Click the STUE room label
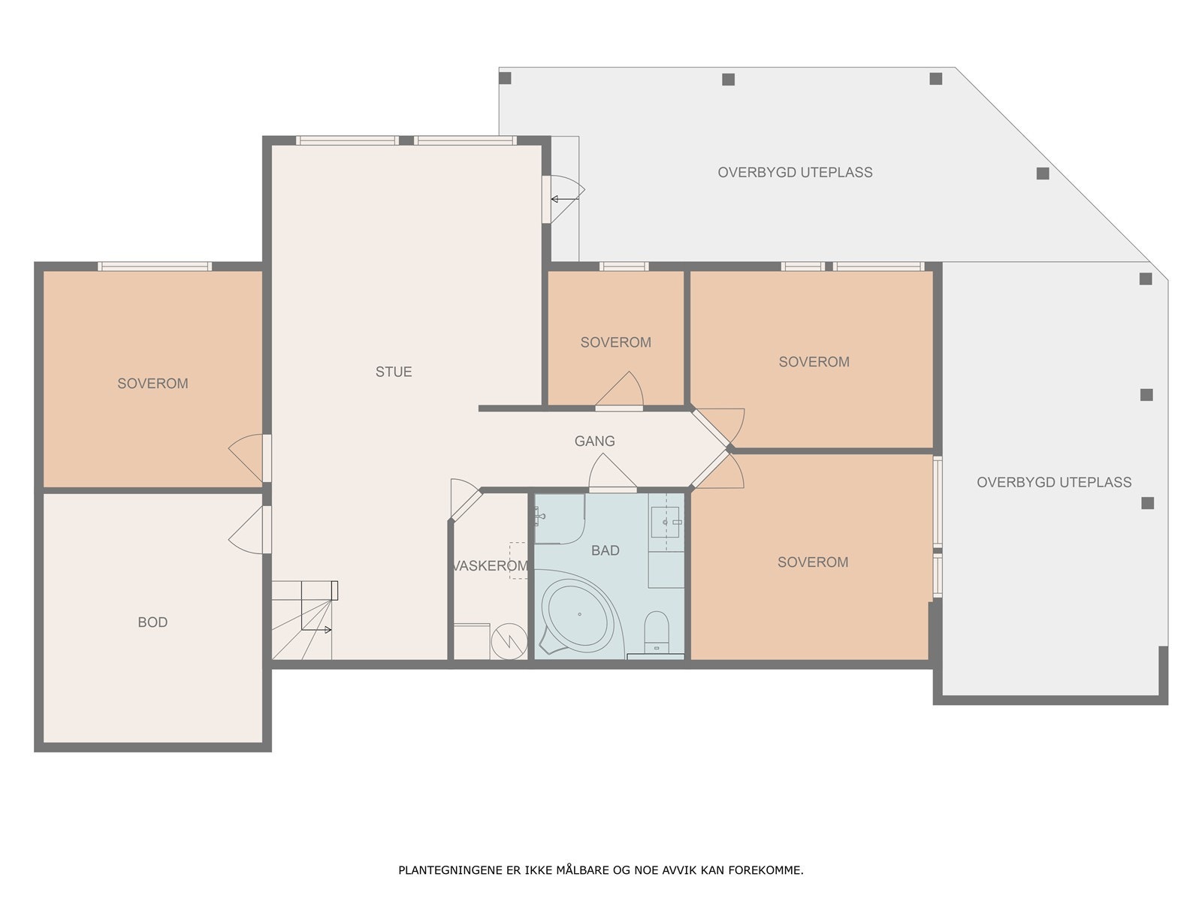(x=393, y=372)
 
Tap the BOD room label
(x=153, y=622)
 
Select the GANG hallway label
(x=594, y=441)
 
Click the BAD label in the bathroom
(x=605, y=550)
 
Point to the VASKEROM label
(x=490, y=565)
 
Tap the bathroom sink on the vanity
(x=666, y=522)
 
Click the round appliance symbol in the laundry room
(x=509, y=641)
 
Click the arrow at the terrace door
(x=565, y=199)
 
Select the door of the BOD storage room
(x=250, y=529)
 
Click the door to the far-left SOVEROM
(x=250, y=459)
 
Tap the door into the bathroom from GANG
(x=612, y=473)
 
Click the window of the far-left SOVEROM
(x=155, y=267)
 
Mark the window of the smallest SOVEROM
(x=624, y=267)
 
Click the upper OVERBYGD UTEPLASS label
(x=795, y=173)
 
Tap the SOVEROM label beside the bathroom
(x=813, y=562)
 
